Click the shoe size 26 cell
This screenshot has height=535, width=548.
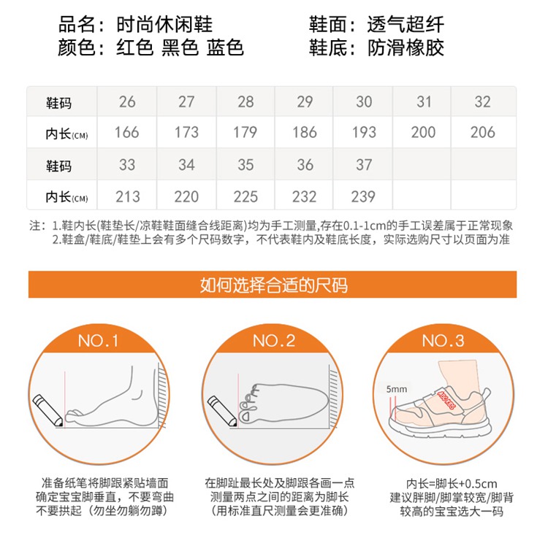point(127,101)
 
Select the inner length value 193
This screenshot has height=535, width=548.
point(364,132)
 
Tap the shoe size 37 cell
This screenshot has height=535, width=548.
point(364,164)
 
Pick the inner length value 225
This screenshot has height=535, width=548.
point(246,196)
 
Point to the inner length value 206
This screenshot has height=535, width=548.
point(483,132)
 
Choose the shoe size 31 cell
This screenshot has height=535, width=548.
point(424,101)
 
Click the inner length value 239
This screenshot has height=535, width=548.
point(363,196)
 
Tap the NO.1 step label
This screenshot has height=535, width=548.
point(98,340)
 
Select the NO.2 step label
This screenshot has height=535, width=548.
point(274,340)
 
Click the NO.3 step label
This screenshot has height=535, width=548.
point(444,340)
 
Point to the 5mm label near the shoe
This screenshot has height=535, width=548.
point(396,389)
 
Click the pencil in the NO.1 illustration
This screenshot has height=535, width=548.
point(48,411)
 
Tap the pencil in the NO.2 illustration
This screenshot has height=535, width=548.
point(222,412)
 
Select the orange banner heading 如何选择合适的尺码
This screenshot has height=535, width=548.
point(274,285)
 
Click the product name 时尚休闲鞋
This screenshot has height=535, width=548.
point(164,24)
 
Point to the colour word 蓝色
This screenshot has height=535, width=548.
point(225,47)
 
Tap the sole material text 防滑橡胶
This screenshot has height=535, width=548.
point(406,47)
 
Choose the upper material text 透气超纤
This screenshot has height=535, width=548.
point(406,24)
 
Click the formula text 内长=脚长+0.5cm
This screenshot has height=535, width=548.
point(452,484)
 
